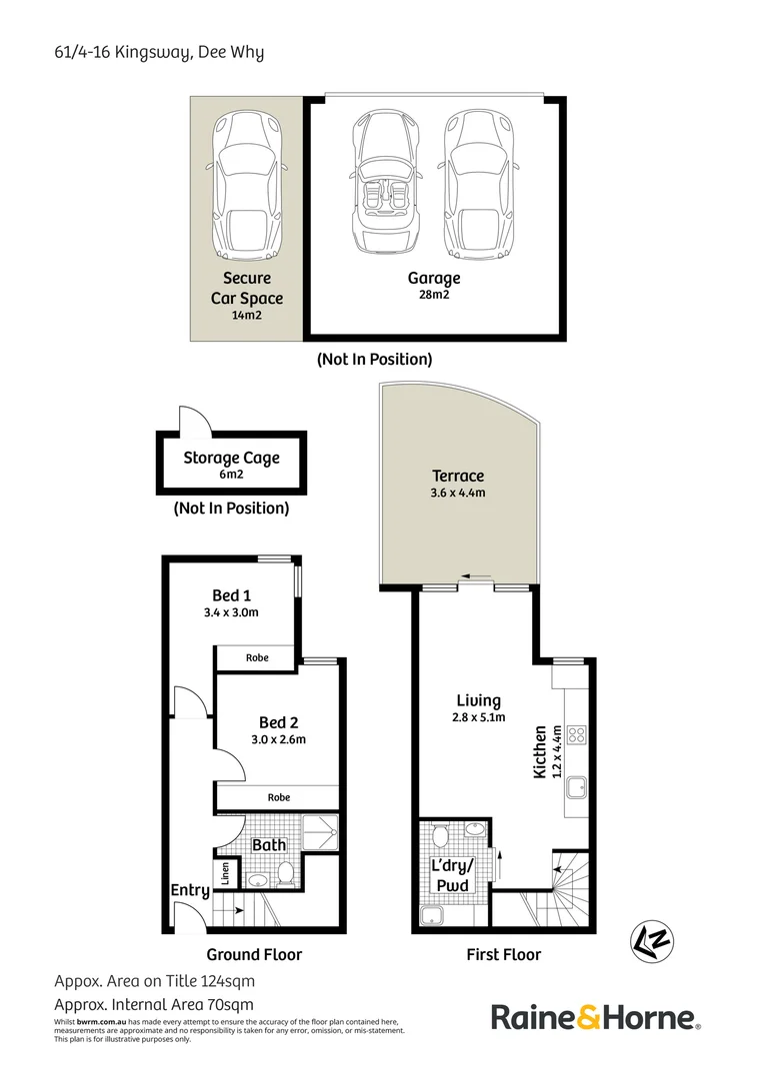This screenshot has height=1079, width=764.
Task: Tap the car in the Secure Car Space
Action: (x=247, y=186)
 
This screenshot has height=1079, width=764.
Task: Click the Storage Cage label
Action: (x=231, y=458)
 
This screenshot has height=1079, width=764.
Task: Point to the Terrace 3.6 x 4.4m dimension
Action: (x=458, y=493)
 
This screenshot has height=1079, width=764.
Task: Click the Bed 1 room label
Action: (x=231, y=595)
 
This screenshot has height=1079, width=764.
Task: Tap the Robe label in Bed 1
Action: (x=257, y=657)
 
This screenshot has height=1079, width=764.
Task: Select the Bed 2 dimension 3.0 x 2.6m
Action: (x=278, y=739)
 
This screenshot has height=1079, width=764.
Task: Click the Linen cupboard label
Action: (x=225, y=874)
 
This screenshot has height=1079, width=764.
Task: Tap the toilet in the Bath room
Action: (x=286, y=873)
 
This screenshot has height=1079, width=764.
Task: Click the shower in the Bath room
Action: (x=321, y=832)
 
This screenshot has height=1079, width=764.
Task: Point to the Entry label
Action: (x=190, y=891)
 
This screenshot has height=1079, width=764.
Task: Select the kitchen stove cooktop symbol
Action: (x=576, y=735)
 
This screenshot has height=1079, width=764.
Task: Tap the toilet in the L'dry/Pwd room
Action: (x=441, y=836)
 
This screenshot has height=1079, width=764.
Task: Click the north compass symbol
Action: (x=652, y=941)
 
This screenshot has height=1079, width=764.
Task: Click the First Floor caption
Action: (x=504, y=954)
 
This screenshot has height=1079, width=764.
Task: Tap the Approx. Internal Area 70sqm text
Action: (x=154, y=1005)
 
